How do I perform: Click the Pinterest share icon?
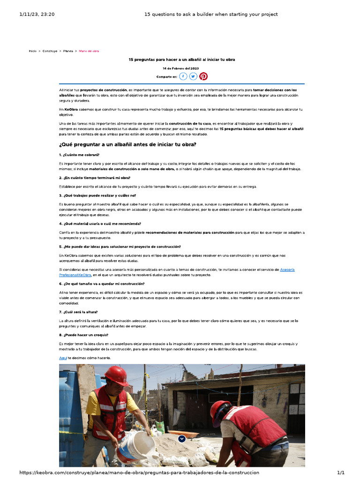pos(203,76)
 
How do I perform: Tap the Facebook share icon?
pos(183,76)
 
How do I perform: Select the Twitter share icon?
pos(193,76)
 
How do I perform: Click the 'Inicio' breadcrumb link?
pos(32,51)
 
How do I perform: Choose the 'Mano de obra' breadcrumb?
pos(89,51)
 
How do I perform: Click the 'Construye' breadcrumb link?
pos(50,51)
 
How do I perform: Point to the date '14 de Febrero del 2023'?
pos(181,68)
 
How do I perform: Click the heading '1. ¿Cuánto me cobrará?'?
pos(79,155)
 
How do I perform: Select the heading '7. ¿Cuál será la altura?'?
pos(78,312)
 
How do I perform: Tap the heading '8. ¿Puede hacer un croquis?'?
pos(83,335)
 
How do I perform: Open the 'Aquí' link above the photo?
pos(63,358)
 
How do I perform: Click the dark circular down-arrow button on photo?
pos(182,439)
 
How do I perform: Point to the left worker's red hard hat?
pos(116,375)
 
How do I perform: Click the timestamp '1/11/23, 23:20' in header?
pos(37,15)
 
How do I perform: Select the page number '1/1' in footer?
pos(341,473)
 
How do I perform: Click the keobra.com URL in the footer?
pos(139,473)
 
